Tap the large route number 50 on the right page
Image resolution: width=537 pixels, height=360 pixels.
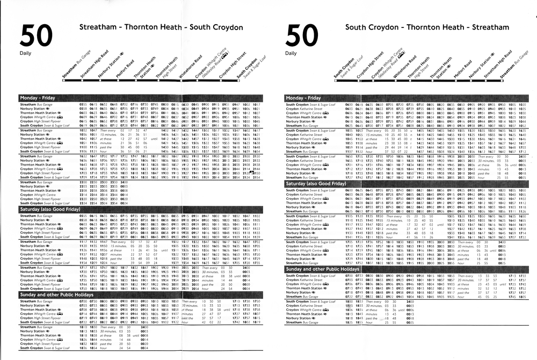tap(304, 38)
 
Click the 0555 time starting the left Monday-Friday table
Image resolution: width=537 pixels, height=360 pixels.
tap(83, 103)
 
